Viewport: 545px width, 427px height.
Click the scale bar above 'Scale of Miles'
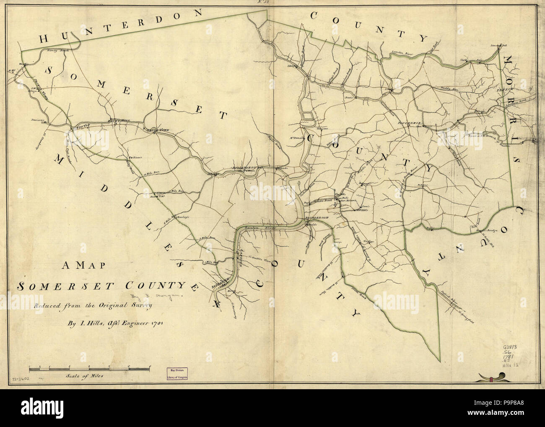(x=89, y=369)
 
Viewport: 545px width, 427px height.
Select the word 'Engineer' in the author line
(x=126, y=324)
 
